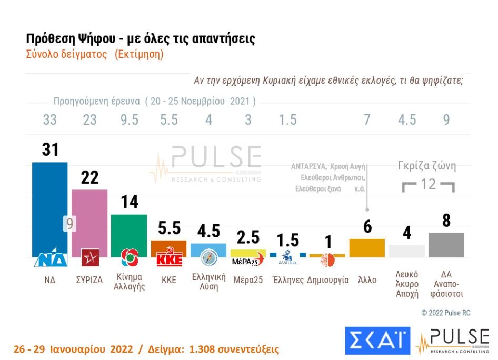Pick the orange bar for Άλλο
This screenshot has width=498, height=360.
(367, 247)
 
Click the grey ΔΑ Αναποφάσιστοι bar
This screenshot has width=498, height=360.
(446, 244)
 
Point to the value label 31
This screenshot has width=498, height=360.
(50, 150)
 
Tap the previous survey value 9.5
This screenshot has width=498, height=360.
(129, 120)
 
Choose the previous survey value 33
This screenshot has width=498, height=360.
(49, 120)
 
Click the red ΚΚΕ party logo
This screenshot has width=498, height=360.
(169, 260)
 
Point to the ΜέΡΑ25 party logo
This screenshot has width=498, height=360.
(248, 261)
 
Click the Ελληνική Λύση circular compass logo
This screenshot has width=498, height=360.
(208, 258)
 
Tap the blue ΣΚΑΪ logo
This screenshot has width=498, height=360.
(377, 340)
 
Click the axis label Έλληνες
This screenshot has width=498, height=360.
(288, 280)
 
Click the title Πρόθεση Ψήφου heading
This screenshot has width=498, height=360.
(141, 39)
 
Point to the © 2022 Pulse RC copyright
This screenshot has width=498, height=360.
(446, 313)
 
